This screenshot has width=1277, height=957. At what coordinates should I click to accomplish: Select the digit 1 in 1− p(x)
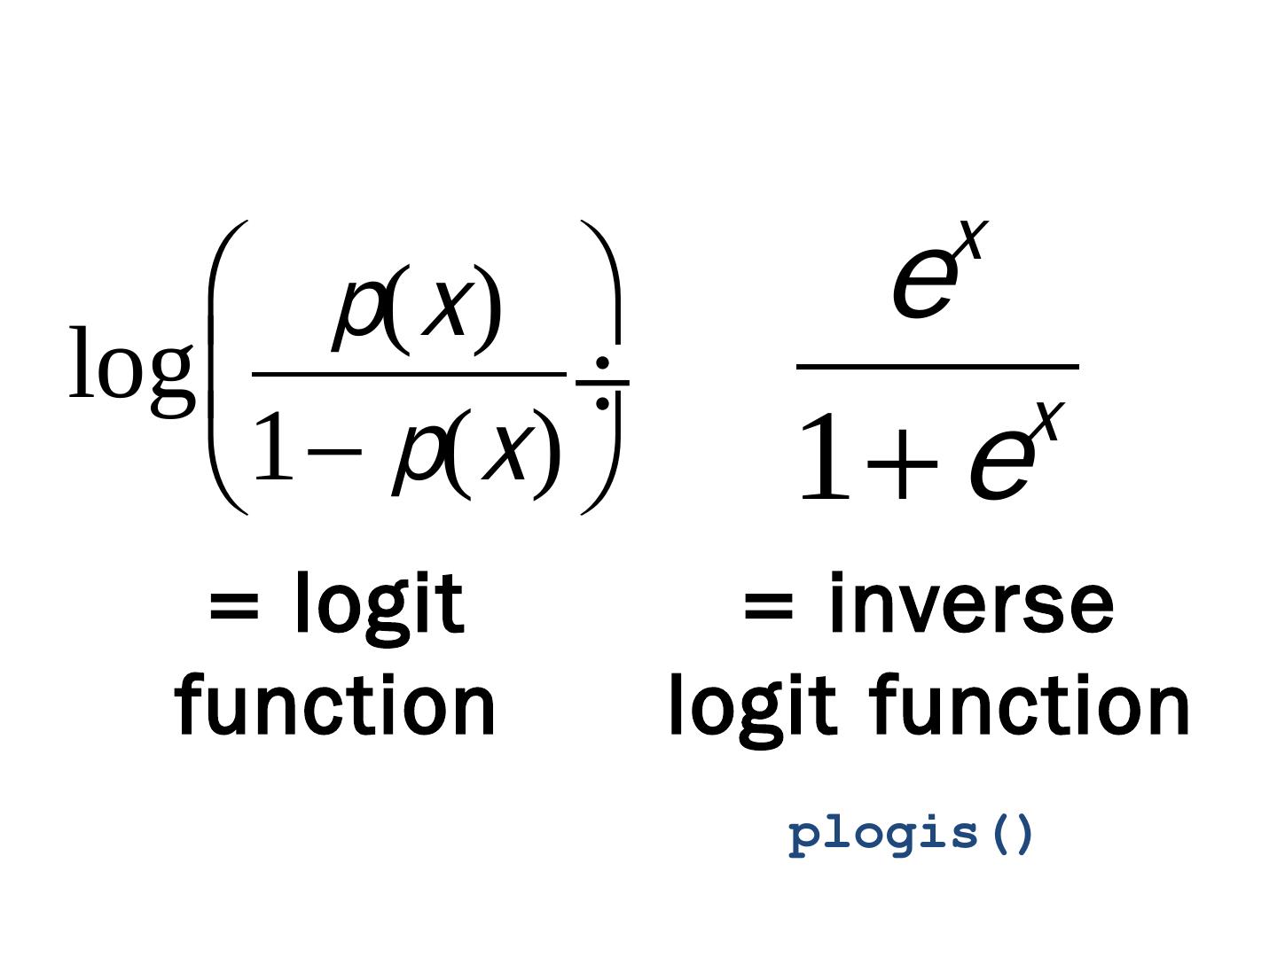click(272, 448)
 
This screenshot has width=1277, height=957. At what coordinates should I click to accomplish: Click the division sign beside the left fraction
click(603, 383)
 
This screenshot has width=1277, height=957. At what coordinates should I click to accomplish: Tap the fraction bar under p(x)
click(409, 374)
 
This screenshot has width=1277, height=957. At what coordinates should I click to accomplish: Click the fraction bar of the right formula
click(937, 366)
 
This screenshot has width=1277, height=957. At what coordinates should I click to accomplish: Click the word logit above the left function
click(379, 605)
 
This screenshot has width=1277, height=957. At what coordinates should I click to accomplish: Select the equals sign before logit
click(234, 608)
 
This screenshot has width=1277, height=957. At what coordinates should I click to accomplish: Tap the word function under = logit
click(335, 706)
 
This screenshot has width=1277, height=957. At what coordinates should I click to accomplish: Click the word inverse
click(970, 605)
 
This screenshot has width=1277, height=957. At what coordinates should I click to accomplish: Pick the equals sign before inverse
click(768, 608)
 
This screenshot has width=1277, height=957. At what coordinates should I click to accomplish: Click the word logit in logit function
click(752, 706)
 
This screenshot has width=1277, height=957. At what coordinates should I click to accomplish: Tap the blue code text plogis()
click(912, 835)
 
